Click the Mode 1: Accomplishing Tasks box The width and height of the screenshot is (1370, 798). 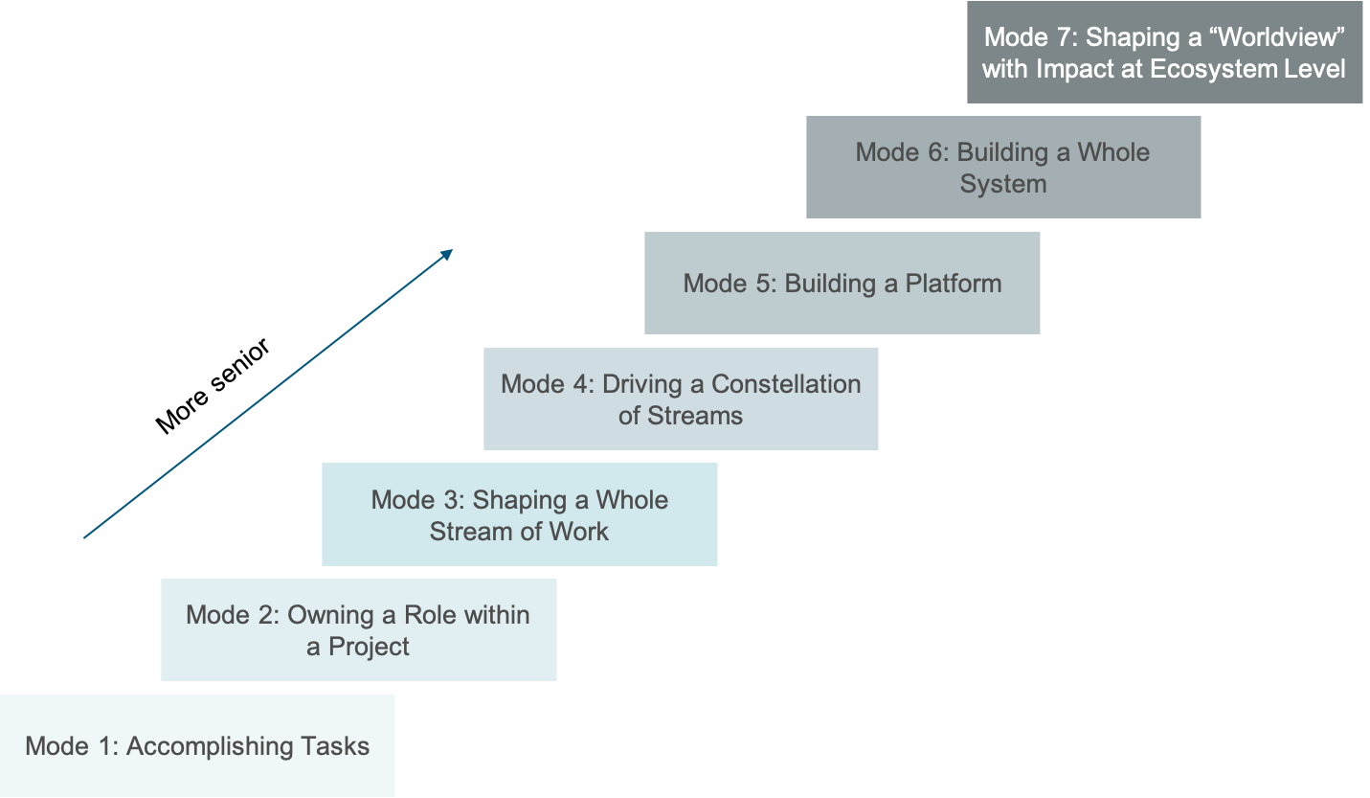coord(197,745)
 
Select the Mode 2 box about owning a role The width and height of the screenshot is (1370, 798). coord(358,629)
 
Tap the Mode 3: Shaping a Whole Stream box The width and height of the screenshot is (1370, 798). coord(519,514)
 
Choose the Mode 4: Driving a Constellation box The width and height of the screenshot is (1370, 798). coord(681,399)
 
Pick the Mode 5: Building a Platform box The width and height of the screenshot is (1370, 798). coord(842,284)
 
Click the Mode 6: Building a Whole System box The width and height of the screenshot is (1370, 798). coord(1002,167)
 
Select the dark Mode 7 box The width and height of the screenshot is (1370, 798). coord(1164,52)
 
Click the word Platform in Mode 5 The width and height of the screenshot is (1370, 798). coord(954,284)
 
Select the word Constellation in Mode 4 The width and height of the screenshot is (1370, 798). coord(786,383)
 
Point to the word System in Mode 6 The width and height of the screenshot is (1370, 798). coord(1002,183)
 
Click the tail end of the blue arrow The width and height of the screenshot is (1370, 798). coord(85,537)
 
